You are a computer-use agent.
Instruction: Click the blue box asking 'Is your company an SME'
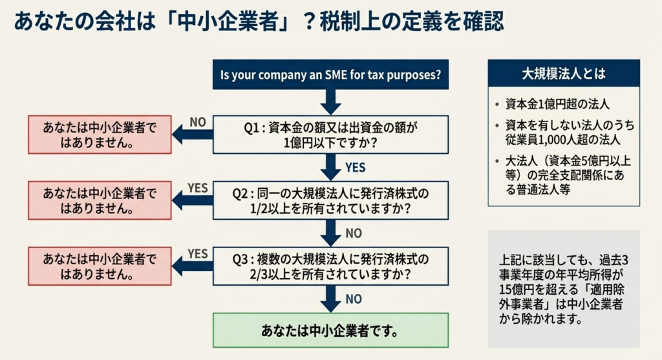(330, 74)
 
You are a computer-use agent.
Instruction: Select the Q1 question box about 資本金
(330, 134)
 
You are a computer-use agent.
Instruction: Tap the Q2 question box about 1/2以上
(330, 200)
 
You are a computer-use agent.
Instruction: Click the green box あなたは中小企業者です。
(330, 330)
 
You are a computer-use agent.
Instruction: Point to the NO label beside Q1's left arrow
(198, 122)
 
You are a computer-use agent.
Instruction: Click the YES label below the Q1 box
(355, 167)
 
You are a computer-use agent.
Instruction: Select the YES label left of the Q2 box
(197, 187)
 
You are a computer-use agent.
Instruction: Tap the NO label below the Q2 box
(354, 233)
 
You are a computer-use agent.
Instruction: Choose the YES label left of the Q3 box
(197, 253)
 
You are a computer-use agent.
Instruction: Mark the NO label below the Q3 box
(354, 299)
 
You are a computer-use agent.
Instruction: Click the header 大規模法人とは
(564, 73)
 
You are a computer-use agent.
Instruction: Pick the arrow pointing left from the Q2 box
(192, 201)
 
